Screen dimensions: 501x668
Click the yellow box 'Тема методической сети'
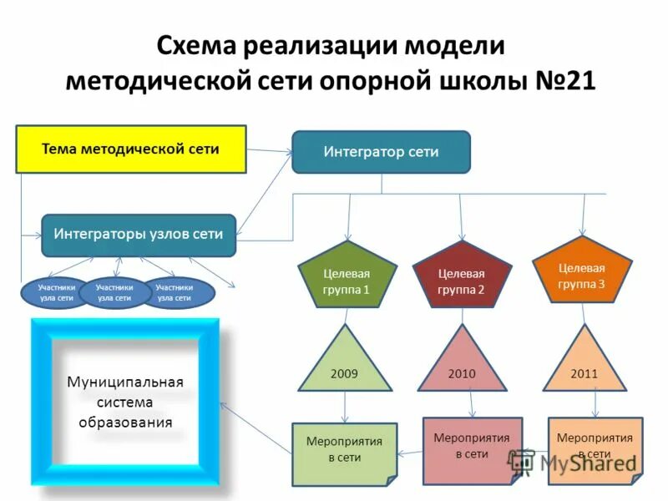pyautogui.click(x=131, y=149)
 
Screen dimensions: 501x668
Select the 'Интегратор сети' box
pyautogui.click(x=381, y=152)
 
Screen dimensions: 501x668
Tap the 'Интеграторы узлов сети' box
pyautogui.click(x=139, y=235)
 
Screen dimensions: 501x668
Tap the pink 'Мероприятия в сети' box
pyautogui.click(x=472, y=448)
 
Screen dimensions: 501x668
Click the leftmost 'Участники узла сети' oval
pyautogui.click(x=57, y=292)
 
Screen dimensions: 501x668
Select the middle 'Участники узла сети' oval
pyautogui.click(x=114, y=292)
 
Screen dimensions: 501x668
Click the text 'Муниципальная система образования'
pyautogui.click(x=125, y=402)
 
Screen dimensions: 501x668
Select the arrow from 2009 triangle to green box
pyautogui.click(x=346, y=408)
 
